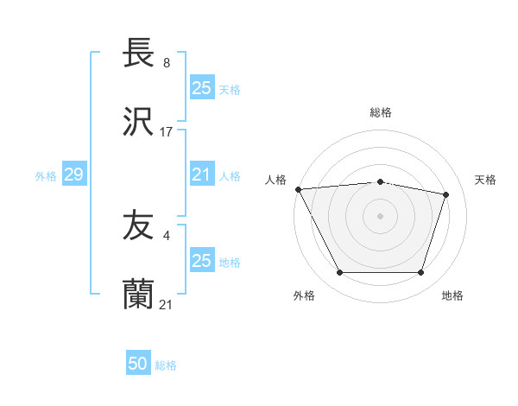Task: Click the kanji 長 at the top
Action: tap(138, 54)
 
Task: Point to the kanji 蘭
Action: tap(138, 295)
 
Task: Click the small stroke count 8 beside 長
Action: tap(166, 63)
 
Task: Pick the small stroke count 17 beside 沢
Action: tap(167, 132)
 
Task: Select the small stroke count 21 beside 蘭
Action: tap(167, 304)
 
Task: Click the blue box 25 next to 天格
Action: tap(202, 88)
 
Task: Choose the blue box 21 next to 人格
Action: tap(202, 174)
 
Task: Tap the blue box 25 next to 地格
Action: tap(202, 261)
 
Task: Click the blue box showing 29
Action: tap(73, 175)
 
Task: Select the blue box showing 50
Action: tap(138, 364)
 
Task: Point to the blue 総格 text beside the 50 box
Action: tap(166, 365)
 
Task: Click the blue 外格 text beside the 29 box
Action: tap(46, 176)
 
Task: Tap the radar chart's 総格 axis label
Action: tap(381, 112)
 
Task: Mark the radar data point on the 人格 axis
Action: tap(298, 188)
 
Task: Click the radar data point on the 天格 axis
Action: tap(446, 194)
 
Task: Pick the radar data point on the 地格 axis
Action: tap(420, 273)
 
